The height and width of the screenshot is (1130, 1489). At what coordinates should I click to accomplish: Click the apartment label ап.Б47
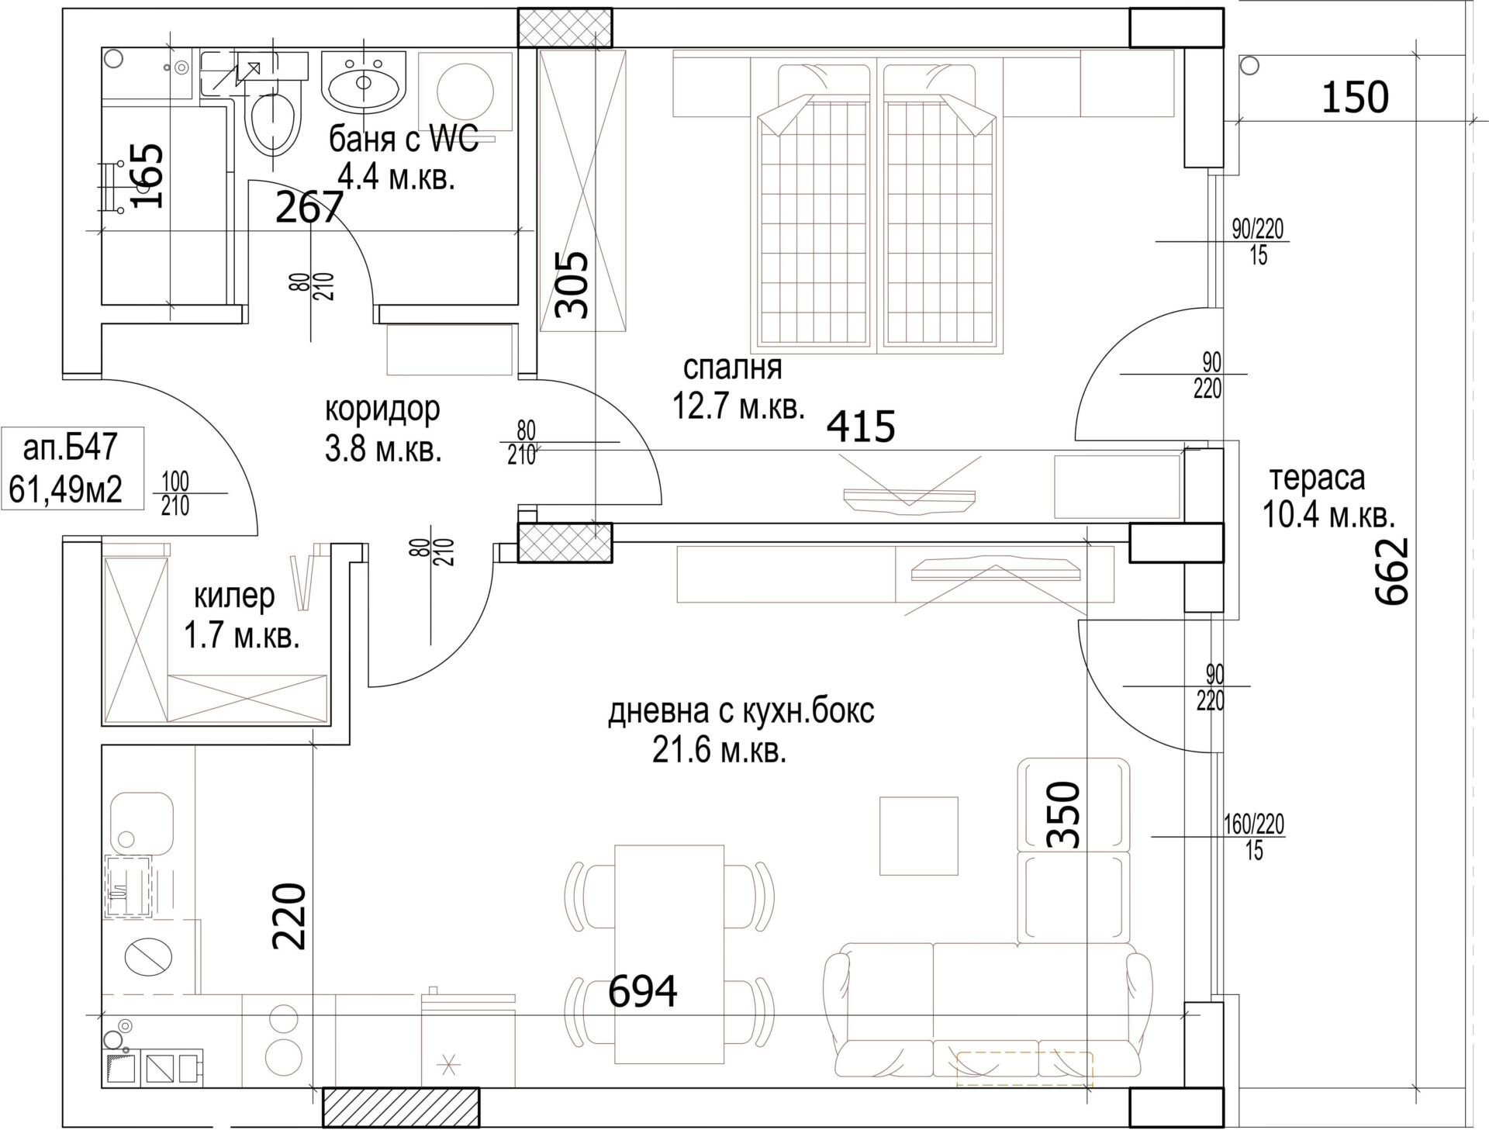click(x=71, y=448)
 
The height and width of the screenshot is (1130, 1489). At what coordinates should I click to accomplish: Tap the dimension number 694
click(x=642, y=990)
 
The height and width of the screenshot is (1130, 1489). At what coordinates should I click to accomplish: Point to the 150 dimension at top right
click(x=1355, y=98)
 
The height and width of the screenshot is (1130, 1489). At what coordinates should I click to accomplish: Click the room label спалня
click(x=733, y=368)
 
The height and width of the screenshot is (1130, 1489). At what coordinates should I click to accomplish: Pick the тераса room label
click(x=1317, y=479)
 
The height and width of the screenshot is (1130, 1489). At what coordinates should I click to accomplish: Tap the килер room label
click(x=233, y=597)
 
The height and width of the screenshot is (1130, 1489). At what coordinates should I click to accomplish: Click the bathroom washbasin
click(x=364, y=81)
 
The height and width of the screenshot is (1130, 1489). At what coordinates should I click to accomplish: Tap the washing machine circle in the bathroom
click(x=465, y=92)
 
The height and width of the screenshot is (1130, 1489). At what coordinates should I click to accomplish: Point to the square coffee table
click(x=919, y=835)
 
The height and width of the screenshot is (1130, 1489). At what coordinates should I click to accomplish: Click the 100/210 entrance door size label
click(x=175, y=494)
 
